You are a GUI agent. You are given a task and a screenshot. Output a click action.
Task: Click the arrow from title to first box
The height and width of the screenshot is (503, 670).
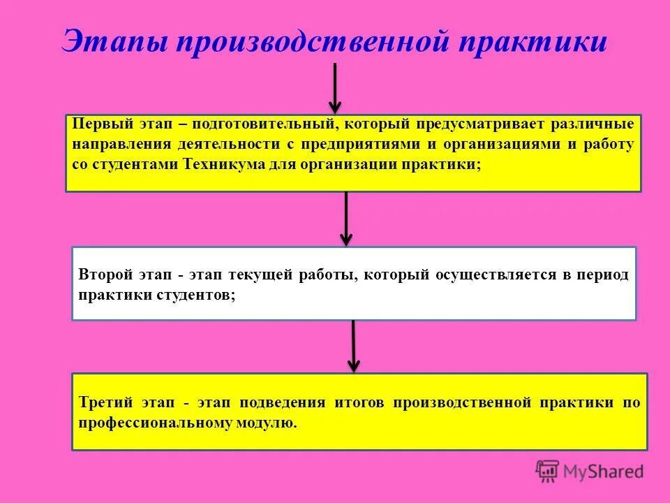click(x=335, y=87)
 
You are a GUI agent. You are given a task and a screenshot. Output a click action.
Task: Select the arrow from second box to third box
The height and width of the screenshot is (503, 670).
click(x=354, y=346)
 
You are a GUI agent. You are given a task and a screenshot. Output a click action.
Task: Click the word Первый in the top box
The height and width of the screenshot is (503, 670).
click(x=98, y=125)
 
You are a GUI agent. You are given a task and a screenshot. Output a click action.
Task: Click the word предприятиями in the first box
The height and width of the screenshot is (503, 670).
click(x=361, y=145)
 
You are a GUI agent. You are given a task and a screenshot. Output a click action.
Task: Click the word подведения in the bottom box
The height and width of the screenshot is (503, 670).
click(x=283, y=402)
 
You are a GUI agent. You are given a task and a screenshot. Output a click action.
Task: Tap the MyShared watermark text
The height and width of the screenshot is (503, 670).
click(x=603, y=472)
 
